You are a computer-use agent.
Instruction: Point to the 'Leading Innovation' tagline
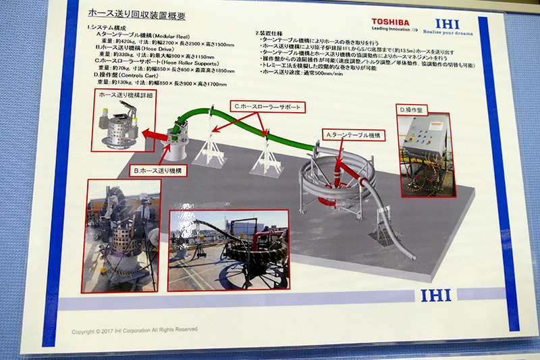389,30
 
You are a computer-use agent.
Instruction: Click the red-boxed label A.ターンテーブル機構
353,135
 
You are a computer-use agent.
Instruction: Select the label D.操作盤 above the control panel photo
414,109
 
